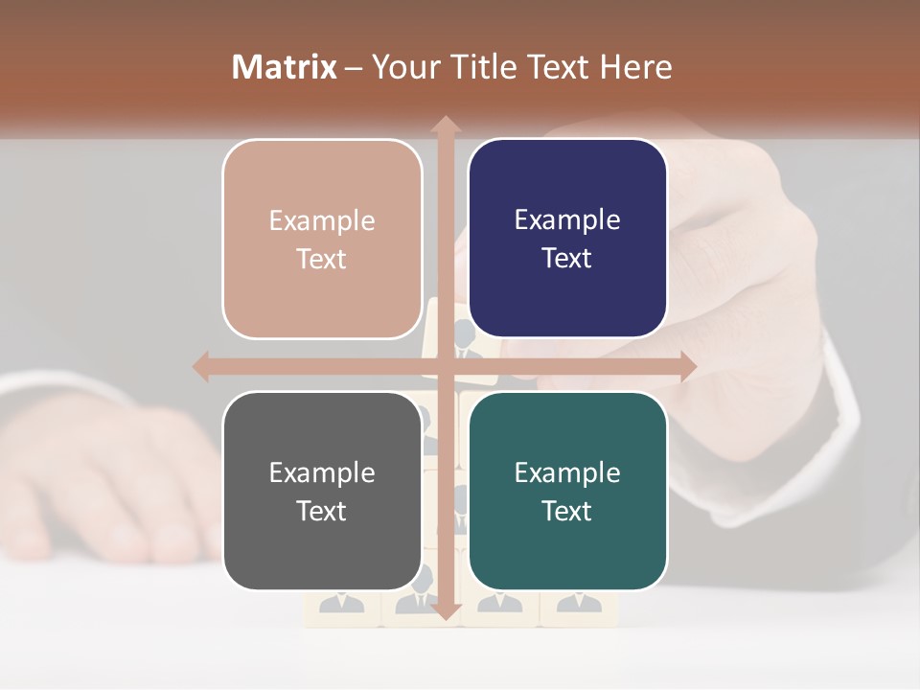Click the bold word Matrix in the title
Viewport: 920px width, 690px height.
pyautogui.click(x=284, y=67)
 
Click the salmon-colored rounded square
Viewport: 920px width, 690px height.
pyautogui.click(x=322, y=239)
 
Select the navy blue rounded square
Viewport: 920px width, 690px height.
pyautogui.click(x=567, y=239)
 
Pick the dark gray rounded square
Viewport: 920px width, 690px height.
pyautogui.click(x=322, y=491)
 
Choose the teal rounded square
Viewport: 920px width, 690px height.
pyautogui.click(x=567, y=491)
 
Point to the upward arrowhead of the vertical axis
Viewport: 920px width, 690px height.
pyautogui.click(x=446, y=126)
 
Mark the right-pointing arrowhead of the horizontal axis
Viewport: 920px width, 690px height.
pyautogui.click(x=687, y=366)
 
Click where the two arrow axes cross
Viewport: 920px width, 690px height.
pyautogui.click(x=446, y=366)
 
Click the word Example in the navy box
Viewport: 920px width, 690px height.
pyautogui.click(x=567, y=220)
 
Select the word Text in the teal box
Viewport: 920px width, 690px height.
pyautogui.click(x=567, y=512)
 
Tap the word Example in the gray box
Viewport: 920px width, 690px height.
pyautogui.click(x=322, y=472)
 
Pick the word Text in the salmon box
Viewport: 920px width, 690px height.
pyautogui.click(x=322, y=260)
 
